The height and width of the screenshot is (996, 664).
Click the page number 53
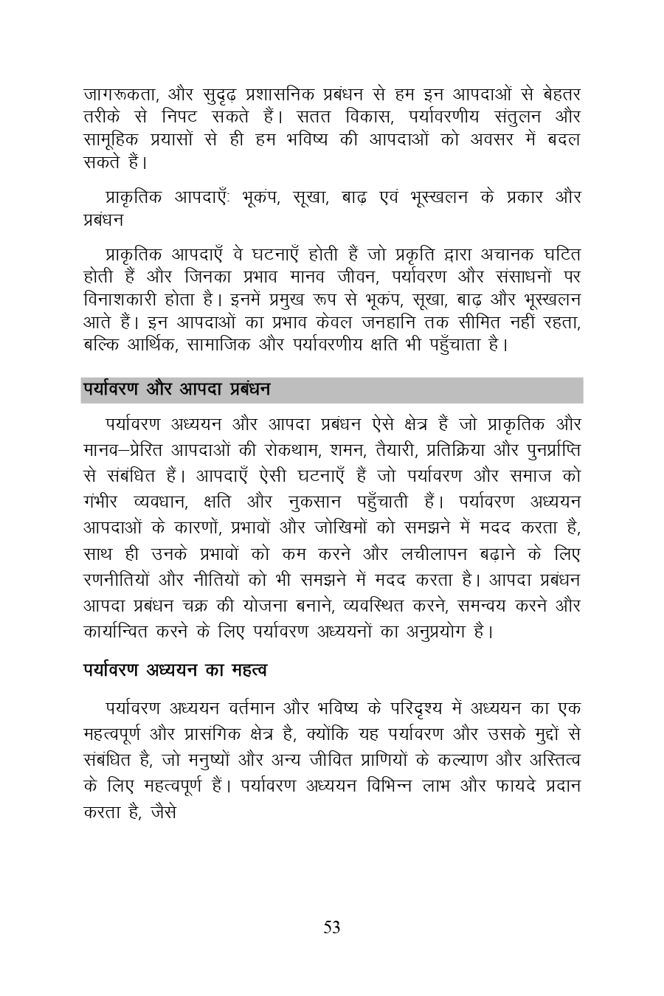pos(332,927)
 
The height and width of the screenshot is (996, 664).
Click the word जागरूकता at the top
pos(118,94)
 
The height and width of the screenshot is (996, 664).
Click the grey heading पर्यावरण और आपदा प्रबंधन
pos(176,388)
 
